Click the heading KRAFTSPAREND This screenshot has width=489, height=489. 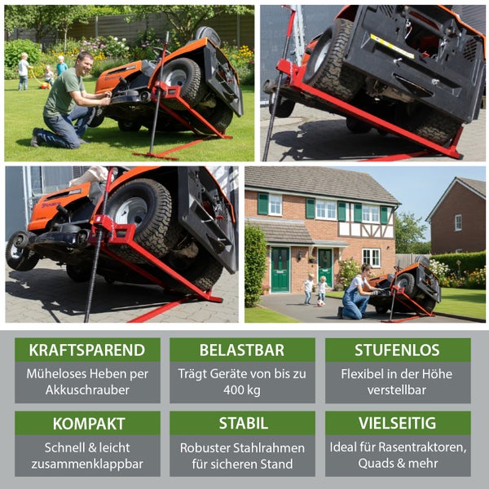(87, 350)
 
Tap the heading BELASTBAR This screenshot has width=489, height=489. (242, 350)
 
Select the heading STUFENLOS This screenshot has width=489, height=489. (398, 350)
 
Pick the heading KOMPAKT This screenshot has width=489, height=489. (89, 424)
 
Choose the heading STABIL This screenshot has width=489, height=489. (243, 423)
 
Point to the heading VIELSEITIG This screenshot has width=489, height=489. (398, 423)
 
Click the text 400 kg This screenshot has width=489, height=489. (242, 390)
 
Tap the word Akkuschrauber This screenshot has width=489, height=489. (87, 390)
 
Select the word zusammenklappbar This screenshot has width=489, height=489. (87, 464)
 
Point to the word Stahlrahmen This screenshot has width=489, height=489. (269, 447)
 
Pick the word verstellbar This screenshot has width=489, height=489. (397, 390)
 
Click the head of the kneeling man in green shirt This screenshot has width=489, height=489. (85, 63)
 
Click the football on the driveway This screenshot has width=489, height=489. (320, 303)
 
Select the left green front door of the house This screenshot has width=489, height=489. (280, 270)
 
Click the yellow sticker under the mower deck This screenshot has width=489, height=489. (392, 46)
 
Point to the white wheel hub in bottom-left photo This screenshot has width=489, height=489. (131, 211)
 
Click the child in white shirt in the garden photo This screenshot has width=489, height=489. (24, 71)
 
